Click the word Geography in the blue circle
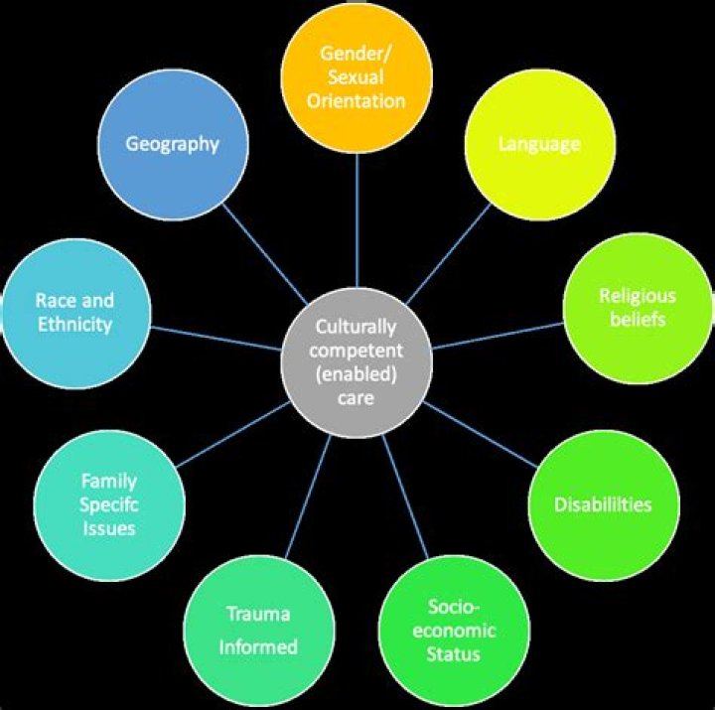click(x=172, y=144)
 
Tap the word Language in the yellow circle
click(x=539, y=144)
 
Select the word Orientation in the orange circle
click(x=357, y=100)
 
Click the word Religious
click(x=638, y=296)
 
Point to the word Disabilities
click(x=603, y=504)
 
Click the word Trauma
click(x=258, y=614)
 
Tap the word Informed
click(x=258, y=647)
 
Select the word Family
click(x=109, y=482)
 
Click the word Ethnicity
click(x=74, y=324)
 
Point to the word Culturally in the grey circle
click(x=356, y=326)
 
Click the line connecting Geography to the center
click(x=270, y=258)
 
